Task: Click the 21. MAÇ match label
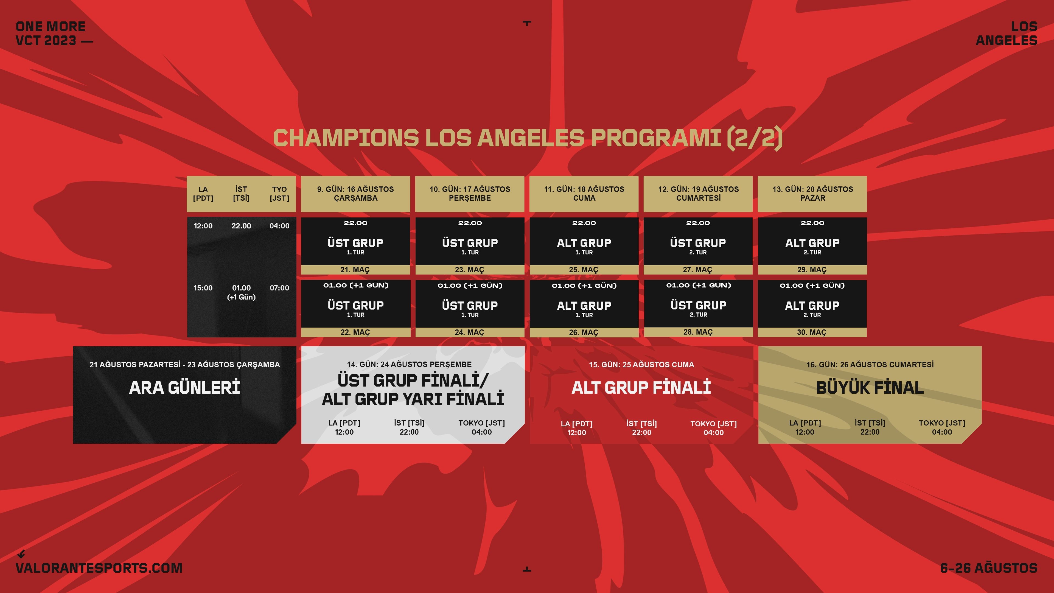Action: (x=355, y=270)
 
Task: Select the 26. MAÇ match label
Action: (x=584, y=332)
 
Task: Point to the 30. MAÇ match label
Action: (x=812, y=332)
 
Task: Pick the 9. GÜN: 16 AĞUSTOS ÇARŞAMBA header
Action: (x=355, y=194)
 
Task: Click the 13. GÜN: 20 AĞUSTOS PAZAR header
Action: (x=812, y=194)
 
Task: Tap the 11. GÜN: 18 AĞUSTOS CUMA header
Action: (x=584, y=194)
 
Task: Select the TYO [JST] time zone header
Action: (x=279, y=194)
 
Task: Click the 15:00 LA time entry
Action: (x=203, y=288)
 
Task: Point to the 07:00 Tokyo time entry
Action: (x=279, y=288)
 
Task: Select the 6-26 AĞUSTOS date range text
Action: (x=988, y=568)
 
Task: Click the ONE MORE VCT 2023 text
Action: (x=54, y=33)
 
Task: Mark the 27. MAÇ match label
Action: (x=698, y=270)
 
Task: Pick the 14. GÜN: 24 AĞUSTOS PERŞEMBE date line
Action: (x=409, y=364)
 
